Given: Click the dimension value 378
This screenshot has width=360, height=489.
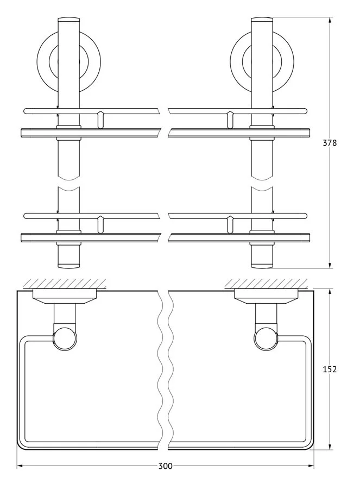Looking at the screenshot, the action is click(330, 143).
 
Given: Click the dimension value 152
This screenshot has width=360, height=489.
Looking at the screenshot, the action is click(330, 369).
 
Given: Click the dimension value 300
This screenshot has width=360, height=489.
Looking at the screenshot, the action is click(165, 466).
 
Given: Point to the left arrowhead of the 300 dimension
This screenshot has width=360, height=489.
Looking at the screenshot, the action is click(20, 466).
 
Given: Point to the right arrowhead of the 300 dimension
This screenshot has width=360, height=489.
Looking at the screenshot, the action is click(311, 466).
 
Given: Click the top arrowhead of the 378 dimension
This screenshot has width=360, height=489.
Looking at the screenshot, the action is click(330, 20).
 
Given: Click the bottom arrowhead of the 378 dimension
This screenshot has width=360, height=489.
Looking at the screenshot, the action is click(330, 265).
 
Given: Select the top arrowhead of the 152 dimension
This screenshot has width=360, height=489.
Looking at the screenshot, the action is click(330, 292).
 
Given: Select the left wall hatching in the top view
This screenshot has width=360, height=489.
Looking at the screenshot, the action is click(65, 284).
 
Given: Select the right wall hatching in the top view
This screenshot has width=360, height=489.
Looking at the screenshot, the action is click(266, 284).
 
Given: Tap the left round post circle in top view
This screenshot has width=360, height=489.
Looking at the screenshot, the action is click(65, 339).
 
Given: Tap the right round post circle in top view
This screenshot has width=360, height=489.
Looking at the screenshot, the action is click(267, 339).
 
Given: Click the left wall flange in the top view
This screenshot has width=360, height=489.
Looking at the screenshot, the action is click(65, 297).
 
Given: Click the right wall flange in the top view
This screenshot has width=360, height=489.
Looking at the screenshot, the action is click(267, 297).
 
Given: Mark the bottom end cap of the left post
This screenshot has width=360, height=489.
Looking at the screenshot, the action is click(68, 266).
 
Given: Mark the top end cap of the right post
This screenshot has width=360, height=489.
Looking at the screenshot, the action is click(262, 20).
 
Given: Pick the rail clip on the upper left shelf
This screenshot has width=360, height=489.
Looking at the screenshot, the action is click(100, 120).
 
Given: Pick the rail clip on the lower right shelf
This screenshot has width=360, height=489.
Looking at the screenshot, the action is click(230, 224).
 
